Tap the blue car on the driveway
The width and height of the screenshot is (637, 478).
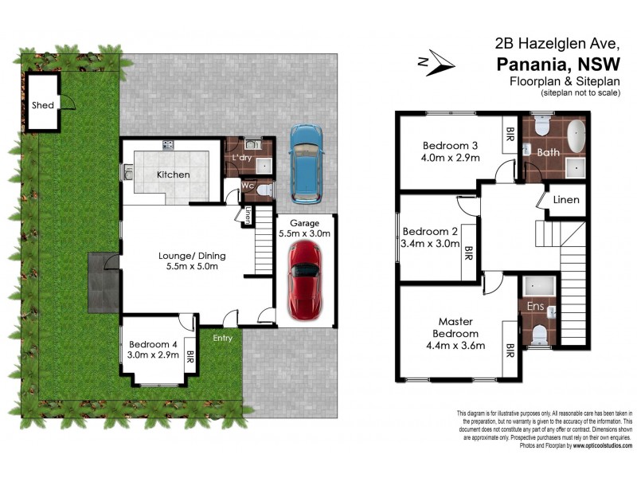[x=305, y=163]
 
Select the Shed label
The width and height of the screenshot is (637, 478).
[x=41, y=105]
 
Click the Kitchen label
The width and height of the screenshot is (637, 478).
[x=173, y=174]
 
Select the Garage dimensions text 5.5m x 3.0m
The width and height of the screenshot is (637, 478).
[x=304, y=234]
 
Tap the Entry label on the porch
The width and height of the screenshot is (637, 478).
[x=222, y=339]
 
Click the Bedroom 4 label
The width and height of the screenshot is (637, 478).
[x=153, y=344]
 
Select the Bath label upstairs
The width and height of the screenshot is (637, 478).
[x=548, y=151]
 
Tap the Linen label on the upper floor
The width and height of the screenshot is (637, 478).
[x=565, y=199]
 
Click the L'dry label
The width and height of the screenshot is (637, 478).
[x=241, y=159]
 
